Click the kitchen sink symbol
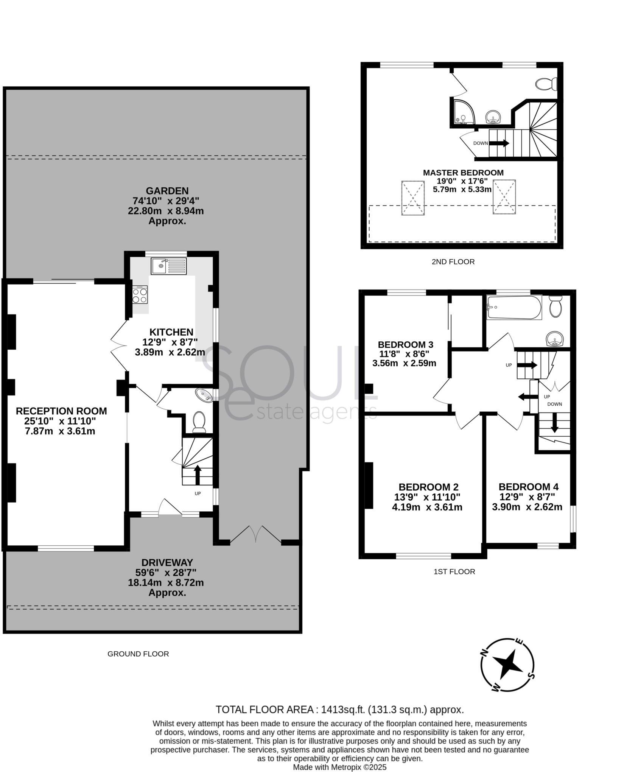[x=169, y=266]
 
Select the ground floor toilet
[x=199, y=422]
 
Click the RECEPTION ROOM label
[x=61, y=411]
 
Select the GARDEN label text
[x=167, y=191]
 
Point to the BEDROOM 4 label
[x=528, y=487]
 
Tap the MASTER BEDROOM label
[x=463, y=173]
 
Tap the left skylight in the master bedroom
[x=412, y=198]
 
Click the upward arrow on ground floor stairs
[x=197, y=474]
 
